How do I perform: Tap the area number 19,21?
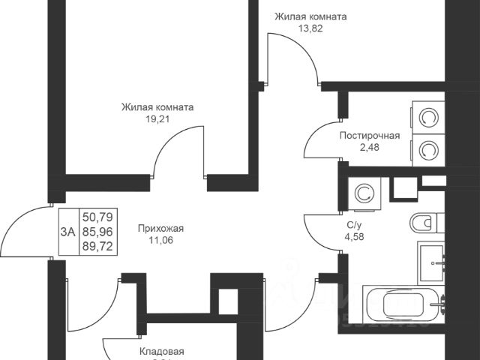tap(157, 118)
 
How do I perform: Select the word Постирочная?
tap(369, 136)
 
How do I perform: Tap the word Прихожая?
tap(161, 229)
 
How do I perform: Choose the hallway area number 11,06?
tap(161, 241)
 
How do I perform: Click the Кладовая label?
tap(162, 351)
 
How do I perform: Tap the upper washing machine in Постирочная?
tap(429, 119)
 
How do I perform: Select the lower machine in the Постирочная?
tap(429, 150)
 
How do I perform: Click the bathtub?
tap(405, 305)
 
